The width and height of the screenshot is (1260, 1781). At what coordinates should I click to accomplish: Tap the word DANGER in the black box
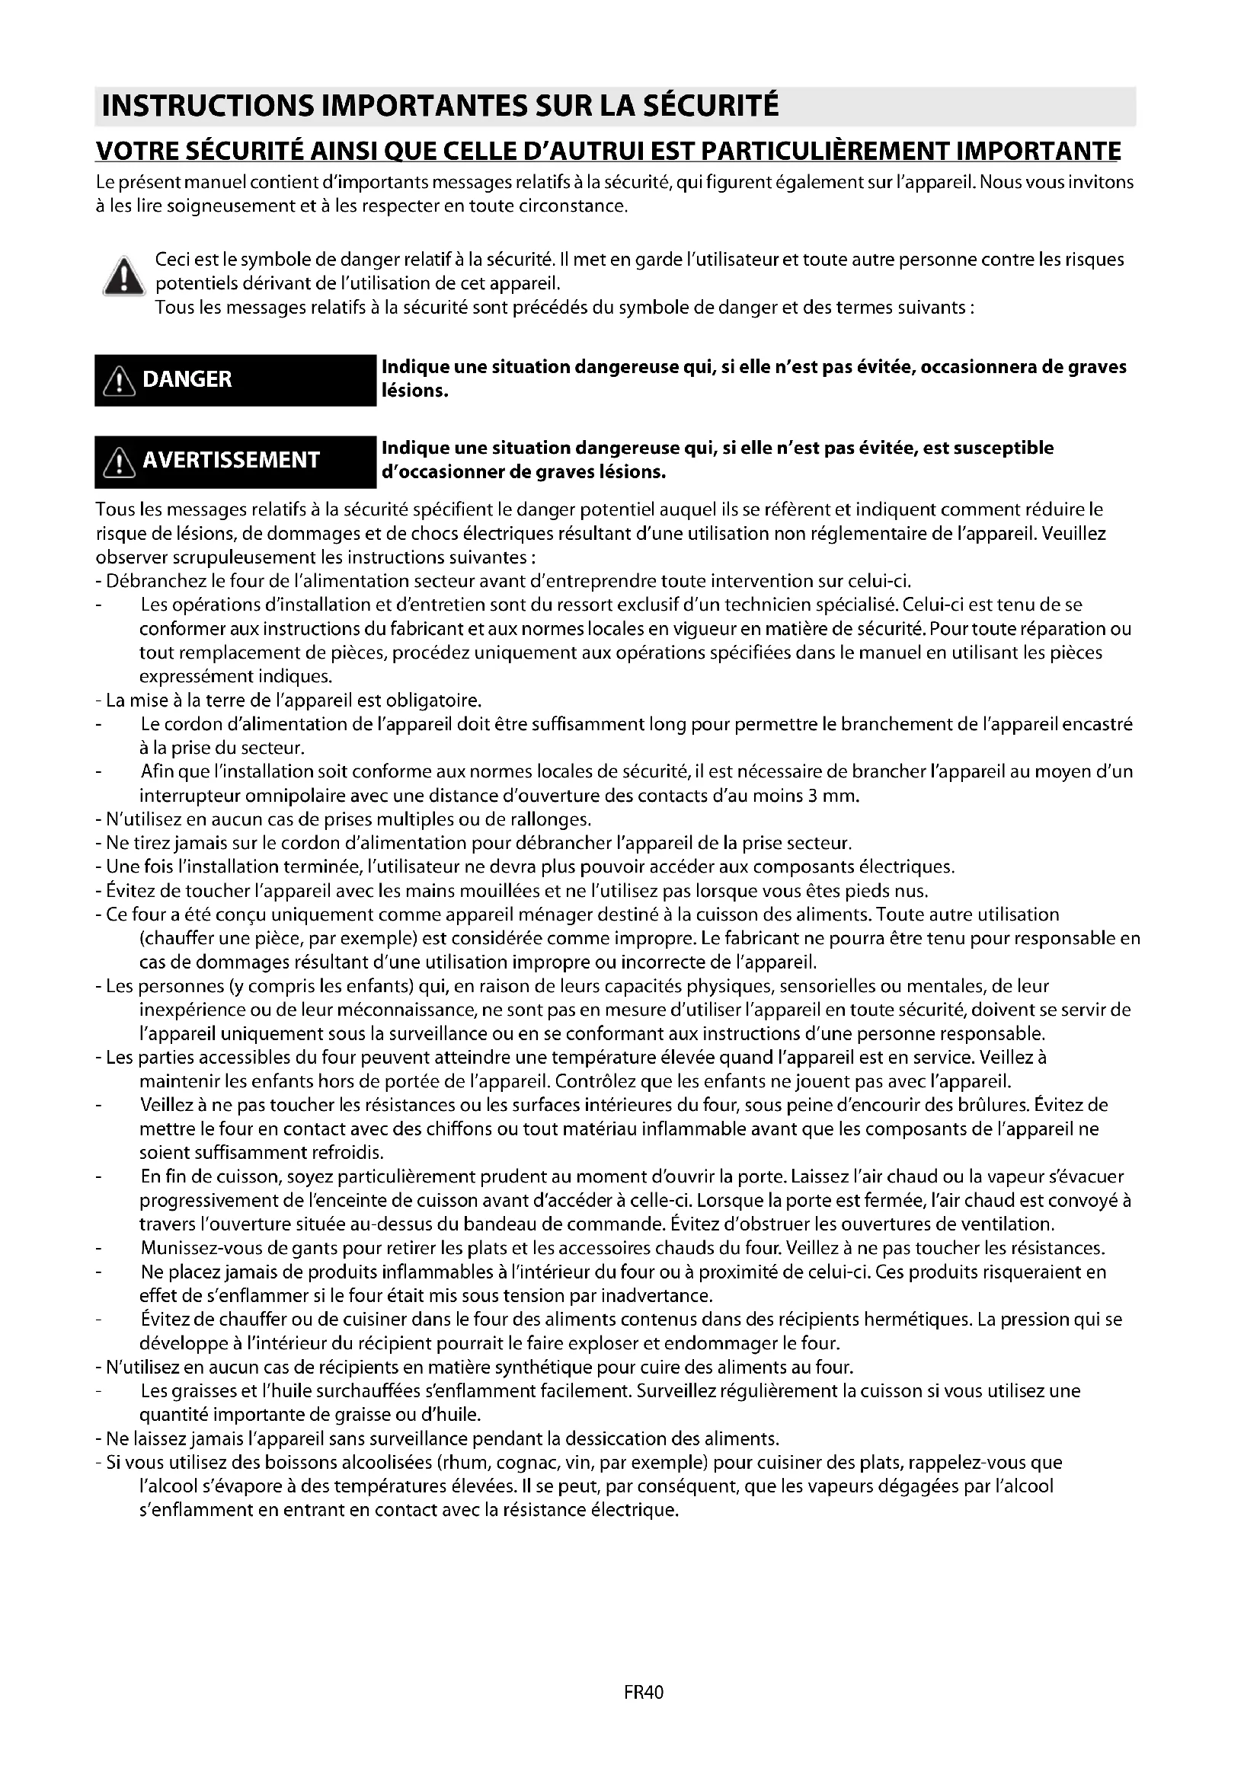pos(187,379)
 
